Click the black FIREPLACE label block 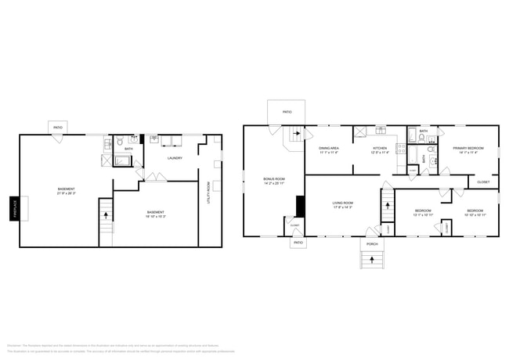pos(14,209)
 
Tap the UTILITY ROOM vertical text pos(208,193)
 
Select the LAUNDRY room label pos(174,158)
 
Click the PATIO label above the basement pos(57,128)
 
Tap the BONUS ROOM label pos(273,179)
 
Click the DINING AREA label pos(328,148)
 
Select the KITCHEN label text pos(380,148)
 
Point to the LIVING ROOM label pos(344,203)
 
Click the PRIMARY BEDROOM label pos(468,148)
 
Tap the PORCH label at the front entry pos(373,243)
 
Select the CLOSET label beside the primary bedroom pos(482,182)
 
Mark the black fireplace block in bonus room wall pos(299,206)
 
